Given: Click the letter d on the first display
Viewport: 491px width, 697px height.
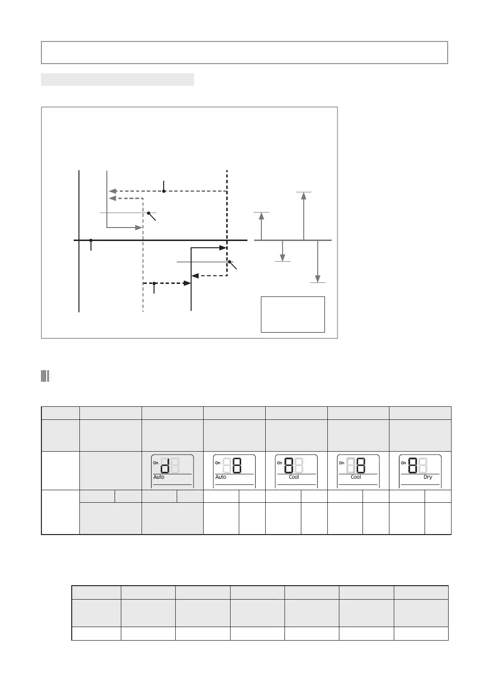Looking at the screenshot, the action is (x=164, y=466).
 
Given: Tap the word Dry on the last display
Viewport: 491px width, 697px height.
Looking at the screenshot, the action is (x=428, y=477).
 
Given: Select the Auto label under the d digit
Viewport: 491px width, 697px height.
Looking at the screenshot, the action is (x=159, y=477).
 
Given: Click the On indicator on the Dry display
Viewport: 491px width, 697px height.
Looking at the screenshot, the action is (x=403, y=463).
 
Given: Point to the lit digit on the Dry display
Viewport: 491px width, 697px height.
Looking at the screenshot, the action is (x=412, y=466).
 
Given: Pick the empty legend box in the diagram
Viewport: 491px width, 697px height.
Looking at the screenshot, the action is (x=293, y=314).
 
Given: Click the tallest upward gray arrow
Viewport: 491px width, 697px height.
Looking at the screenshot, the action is (x=303, y=215).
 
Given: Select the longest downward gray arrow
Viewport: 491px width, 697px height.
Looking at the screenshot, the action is (x=318, y=261).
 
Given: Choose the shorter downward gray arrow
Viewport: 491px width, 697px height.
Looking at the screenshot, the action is (x=283, y=251).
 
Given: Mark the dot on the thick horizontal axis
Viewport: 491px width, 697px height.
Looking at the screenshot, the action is (x=90, y=240).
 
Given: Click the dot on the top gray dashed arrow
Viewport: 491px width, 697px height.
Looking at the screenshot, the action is (x=164, y=191).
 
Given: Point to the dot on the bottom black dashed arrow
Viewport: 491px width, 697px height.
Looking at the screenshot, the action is (x=154, y=283).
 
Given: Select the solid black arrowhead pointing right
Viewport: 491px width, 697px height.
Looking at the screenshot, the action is (x=223, y=248).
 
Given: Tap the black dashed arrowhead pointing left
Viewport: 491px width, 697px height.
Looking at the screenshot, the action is (x=195, y=276).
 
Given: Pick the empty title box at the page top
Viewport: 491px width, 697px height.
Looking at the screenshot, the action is (x=245, y=53).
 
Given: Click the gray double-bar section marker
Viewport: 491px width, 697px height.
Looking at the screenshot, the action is (x=45, y=376).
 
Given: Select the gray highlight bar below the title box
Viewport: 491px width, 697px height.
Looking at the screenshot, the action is (x=117, y=80).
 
